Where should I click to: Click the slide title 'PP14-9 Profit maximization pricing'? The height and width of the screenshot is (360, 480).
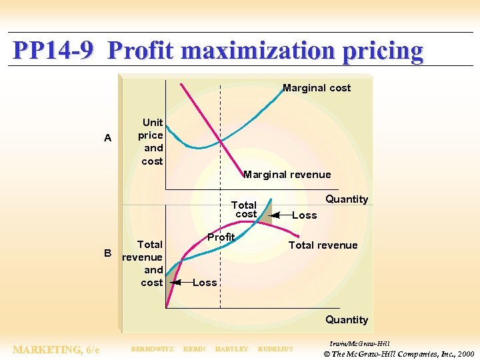click(218, 51)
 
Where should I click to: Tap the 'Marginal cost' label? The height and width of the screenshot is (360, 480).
click(316, 88)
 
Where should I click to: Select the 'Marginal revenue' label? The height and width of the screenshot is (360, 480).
click(287, 175)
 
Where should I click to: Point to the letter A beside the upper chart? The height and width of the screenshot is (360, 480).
click(108, 139)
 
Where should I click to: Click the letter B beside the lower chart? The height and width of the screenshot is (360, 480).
click(107, 253)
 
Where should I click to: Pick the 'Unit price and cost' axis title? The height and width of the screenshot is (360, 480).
click(152, 141)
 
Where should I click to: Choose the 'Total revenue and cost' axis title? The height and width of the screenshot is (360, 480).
click(143, 263)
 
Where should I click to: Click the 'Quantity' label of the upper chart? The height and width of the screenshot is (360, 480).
click(346, 199)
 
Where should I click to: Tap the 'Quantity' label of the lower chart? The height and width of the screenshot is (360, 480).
click(346, 320)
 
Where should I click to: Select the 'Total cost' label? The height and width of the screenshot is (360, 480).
click(244, 209)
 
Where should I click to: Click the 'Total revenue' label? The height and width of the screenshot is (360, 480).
click(323, 245)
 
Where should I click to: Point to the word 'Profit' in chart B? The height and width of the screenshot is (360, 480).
click(221, 237)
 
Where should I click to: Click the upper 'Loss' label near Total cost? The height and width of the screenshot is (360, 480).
click(305, 215)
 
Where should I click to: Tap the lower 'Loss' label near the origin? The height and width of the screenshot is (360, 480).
click(205, 283)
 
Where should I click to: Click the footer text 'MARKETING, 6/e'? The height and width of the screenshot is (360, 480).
click(57, 349)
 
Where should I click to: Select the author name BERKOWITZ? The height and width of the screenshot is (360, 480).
click(152, 349)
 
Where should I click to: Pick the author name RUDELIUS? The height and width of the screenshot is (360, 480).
click(275, 349)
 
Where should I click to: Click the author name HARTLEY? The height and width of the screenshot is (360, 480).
click(231, 349)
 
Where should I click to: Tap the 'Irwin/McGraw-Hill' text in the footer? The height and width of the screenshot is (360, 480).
click(360, 343)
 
